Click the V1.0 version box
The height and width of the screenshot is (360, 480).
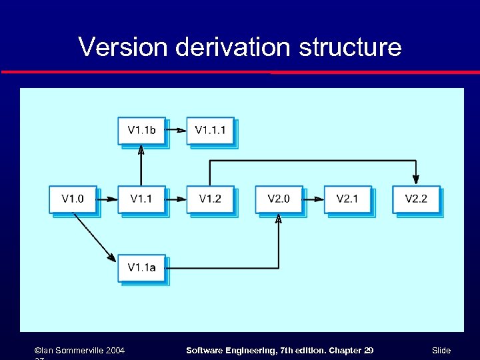pos(73,199)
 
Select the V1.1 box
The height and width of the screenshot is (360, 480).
pos(141,199)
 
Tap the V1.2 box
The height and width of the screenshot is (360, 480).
pos(210,199)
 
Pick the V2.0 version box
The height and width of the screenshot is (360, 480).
pos(279,199)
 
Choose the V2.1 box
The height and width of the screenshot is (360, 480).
pos(347,199)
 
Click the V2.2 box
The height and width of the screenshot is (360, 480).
pos(416,199)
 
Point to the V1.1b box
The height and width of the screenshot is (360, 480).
pos(141,130)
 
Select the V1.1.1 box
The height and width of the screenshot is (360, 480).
pos(210,130)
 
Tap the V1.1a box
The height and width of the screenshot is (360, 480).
pos(141,267)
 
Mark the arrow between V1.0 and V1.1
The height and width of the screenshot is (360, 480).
pos(107,199)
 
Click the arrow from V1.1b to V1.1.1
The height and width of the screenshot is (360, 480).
pos(176,130)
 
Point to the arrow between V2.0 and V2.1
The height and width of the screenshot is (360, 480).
pos(313,199)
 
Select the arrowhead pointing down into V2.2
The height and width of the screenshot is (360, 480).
pos(416,179)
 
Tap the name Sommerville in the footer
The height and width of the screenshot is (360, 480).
pos(81,350)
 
